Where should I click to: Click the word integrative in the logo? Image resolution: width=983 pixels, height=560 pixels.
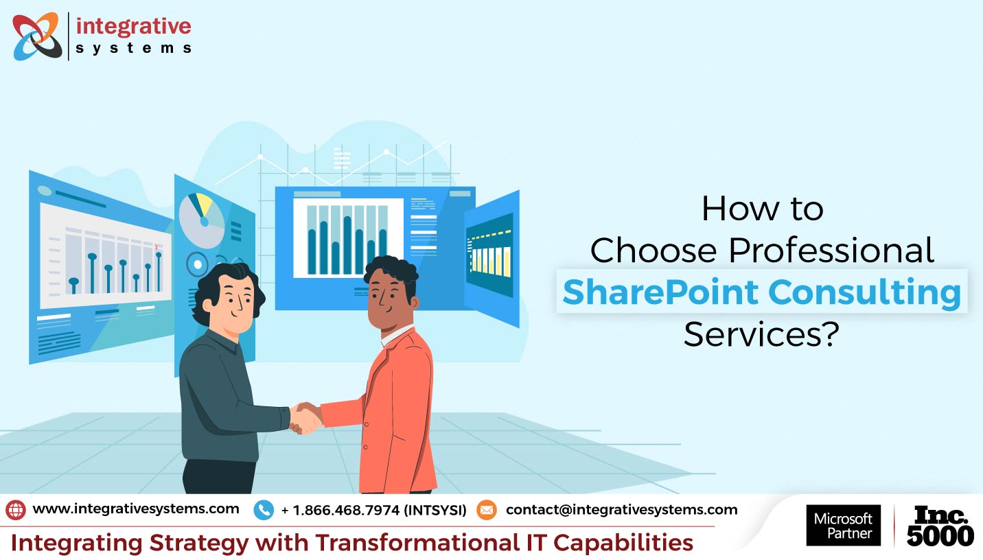click(x=133, y=27)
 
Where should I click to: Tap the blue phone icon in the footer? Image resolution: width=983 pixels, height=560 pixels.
click(x=264, y=510)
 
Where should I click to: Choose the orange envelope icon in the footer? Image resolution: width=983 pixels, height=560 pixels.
click(x=486, y=510)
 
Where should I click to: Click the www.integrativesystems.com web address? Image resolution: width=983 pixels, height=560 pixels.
click(x=136, y=509)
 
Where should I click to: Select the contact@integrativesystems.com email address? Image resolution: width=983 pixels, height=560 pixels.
click(x=621, y=510)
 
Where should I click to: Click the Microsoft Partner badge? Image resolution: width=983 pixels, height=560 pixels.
click(x=843, y=526)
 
